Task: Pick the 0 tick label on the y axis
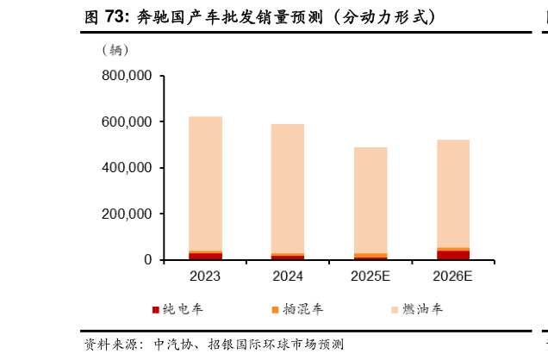pyautogui.click(x=147, y=259)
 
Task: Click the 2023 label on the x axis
pyautogui.click(x=205, y=276)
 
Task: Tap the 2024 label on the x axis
pyautogui.click(x=288, y=276)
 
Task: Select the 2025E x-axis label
pyautogui.click(x=371, y=276)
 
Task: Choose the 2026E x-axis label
pyautogui.click(x=453, y=276)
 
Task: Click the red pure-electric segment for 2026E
pyautogui.click(x=453, y=255)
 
